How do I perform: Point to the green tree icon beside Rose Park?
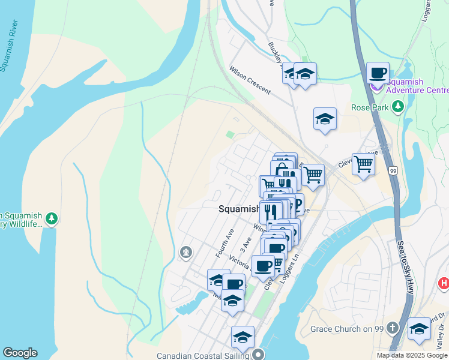(397, 107)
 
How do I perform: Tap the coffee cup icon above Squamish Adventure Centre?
(378, 73)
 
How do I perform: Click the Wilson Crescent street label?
(250, 80)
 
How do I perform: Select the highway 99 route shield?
(393, 171)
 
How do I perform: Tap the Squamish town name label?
(238, 209)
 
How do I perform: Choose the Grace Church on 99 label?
(346, 329)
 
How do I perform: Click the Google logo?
(20, 353)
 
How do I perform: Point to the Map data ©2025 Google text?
(412, 355)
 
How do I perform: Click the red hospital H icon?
(444, 283)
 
